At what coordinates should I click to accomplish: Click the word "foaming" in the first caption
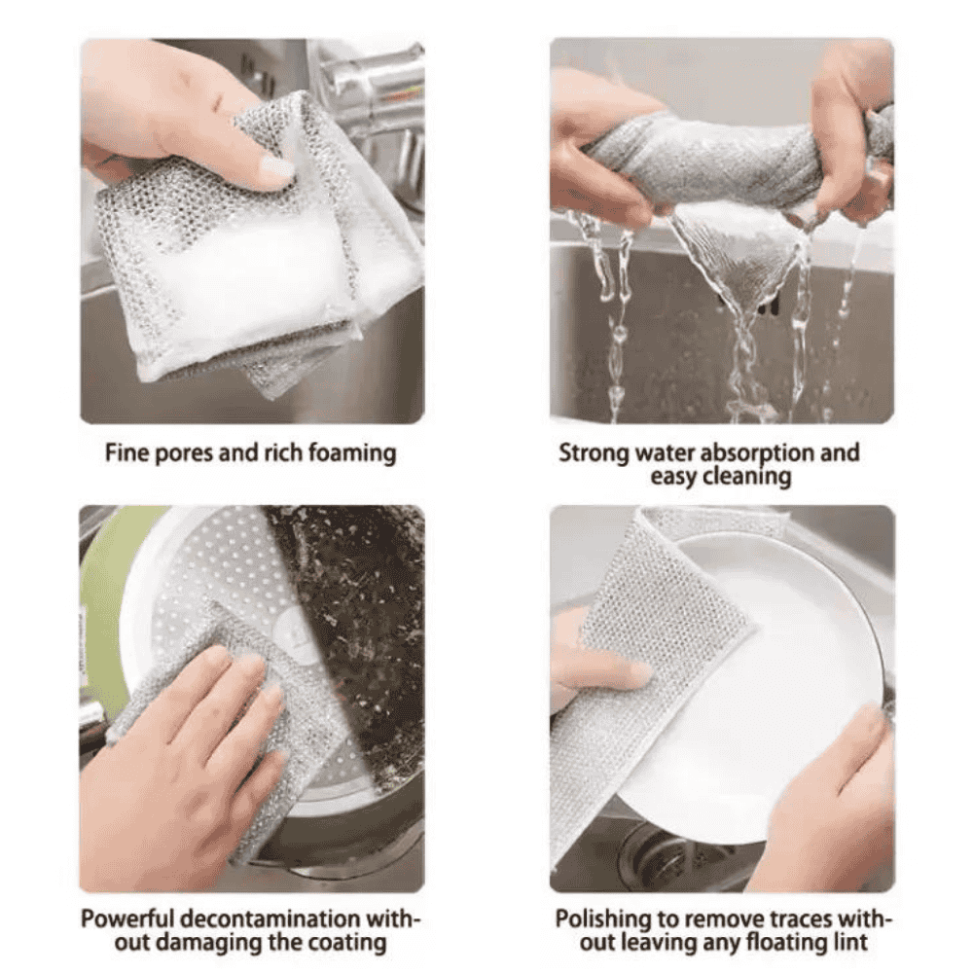point(351,453)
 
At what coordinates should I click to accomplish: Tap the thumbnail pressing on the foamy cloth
point(276,167)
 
